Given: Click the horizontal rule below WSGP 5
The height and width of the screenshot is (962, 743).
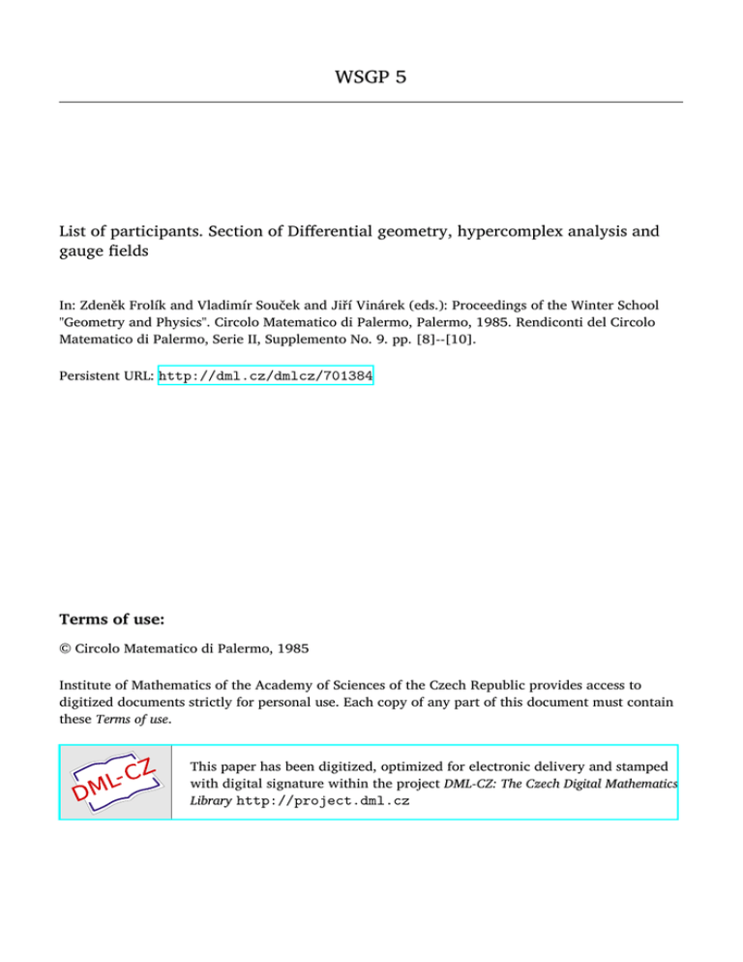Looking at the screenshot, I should (x=371, y=101).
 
